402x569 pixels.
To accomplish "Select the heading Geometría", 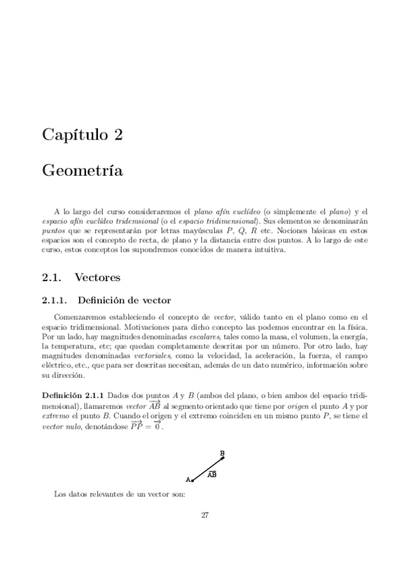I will pyautogui.click(x=82, y=171).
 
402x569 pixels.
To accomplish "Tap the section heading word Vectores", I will pyautogui.click(x=98, y=276).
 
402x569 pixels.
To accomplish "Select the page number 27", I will pyautogui.click(x=205, y=515).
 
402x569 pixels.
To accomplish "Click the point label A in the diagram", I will pyautogui.click(x=188, y=479).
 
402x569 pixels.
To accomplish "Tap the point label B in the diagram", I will pyautogui.click(x=222, y=453).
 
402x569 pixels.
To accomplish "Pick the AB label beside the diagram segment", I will pyautogui.click(x=211, y=474).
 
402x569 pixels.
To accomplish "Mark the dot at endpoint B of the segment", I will pyautogui.click(x=222, y=458).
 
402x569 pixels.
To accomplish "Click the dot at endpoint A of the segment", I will pyautogui.click(x=193, y=480).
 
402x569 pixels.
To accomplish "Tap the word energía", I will pyautogui.click(x=353, y=335).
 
